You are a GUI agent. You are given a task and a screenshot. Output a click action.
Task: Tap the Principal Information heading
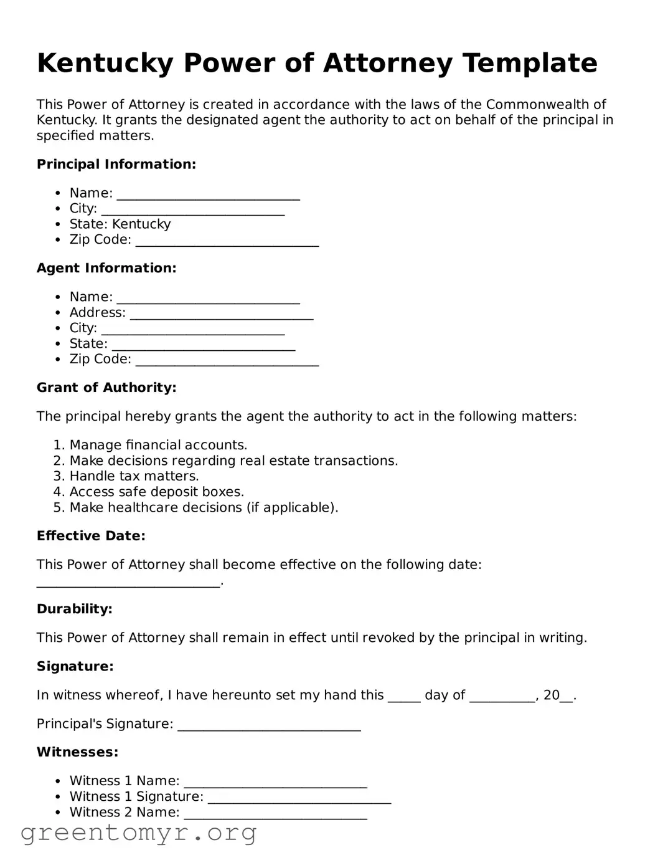coord(116,165)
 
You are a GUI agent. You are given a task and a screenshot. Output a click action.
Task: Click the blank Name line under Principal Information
coord(208,194)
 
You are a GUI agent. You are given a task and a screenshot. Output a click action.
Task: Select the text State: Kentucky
coord(120,224)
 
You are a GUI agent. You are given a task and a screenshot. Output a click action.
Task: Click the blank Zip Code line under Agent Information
coord(227,360)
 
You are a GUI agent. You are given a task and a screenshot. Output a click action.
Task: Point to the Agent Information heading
coord(106,268)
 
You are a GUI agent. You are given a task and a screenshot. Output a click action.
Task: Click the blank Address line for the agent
coord(221,313)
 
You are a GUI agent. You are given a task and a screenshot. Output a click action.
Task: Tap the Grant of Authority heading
coord(106,388)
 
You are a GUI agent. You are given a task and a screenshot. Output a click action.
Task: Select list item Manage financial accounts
coord(158,445)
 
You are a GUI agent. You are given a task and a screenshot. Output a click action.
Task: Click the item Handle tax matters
coord(134,476)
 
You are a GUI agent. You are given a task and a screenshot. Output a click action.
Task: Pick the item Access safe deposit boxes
coord(156,492)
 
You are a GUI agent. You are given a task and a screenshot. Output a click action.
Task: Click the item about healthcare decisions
coord(204,507)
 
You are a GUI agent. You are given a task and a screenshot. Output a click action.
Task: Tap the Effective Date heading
coord(91,536)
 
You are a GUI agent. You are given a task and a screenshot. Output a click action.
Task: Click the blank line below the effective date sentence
coord(128,582)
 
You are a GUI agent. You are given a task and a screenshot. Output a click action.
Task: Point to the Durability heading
coord(75,609)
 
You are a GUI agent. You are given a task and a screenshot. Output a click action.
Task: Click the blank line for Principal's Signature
coord(269,725)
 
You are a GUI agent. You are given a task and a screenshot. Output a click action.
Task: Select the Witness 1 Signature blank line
coord(299,798)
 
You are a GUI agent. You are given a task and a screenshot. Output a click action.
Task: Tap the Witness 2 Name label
coord(124,812)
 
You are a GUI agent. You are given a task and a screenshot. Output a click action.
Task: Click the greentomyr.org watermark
coord(138,833)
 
